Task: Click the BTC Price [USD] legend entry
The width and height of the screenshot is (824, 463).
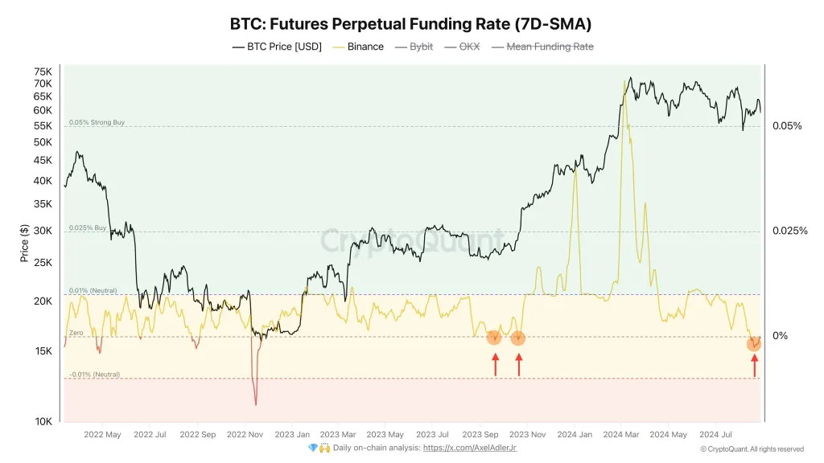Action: (x=278, y=47)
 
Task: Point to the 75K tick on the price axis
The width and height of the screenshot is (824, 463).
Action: (x=42, y=72)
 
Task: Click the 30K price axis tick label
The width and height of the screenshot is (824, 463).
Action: (x=42, y=231)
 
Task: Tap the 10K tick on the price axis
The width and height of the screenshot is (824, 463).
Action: (x=42, y=421)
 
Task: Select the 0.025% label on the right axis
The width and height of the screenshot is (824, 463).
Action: (x=790, y=231)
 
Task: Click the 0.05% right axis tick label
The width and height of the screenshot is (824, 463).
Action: (x=787, y=126)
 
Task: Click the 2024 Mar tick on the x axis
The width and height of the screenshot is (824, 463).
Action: (x=622, y=435)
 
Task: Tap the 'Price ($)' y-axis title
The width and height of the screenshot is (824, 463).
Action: (x=24, y=243)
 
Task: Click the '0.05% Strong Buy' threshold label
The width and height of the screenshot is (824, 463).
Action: (x=97, y=123)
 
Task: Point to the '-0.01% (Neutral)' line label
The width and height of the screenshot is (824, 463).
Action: (x=94, y=375)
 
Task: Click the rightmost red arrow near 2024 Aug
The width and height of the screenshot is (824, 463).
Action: (x=754, y=366)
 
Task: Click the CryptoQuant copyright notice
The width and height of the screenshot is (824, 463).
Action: (x=752, y=449)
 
